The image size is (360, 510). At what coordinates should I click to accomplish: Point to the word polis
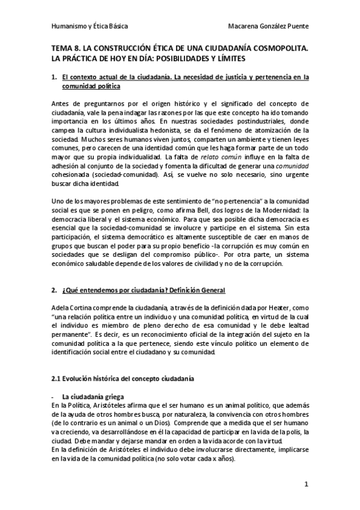tap(292, 432)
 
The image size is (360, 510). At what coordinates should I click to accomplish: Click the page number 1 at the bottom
tap(306, 484)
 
